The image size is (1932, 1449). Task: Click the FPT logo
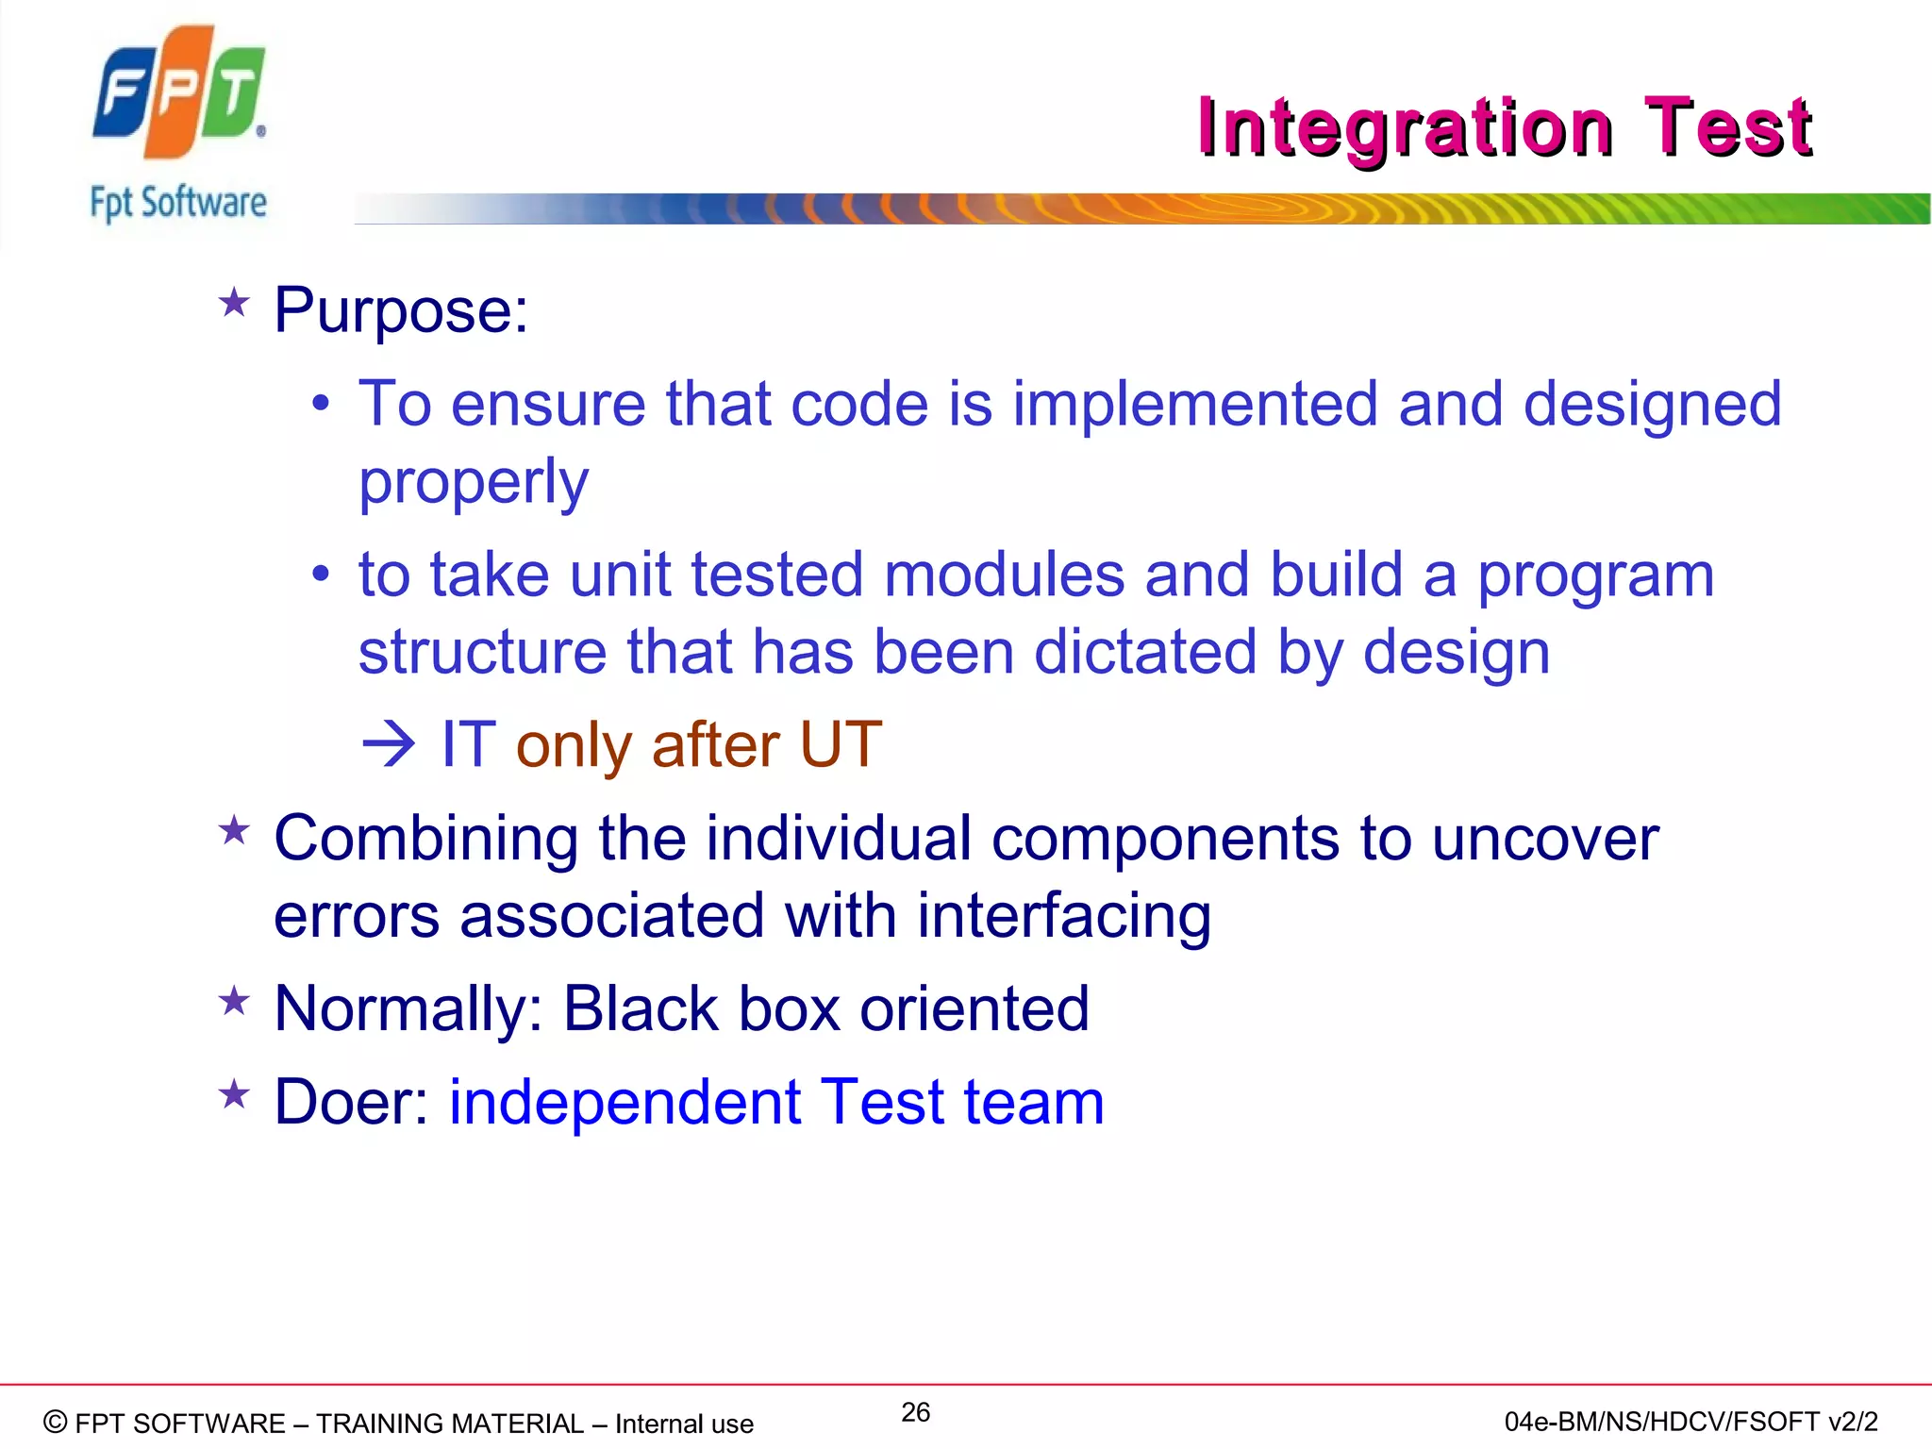(178, 92)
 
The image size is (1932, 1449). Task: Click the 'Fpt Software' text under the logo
(178, 203)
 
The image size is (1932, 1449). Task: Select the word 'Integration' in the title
(1405, 127)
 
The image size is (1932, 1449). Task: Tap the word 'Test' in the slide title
(1727, 127)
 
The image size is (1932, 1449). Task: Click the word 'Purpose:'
(401, 310)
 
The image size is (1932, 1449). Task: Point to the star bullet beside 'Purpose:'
(234, 304)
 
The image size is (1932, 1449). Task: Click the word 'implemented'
(1194, 404)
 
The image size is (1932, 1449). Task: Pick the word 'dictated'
(1145, 652)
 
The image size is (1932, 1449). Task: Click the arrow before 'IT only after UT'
(388, 745)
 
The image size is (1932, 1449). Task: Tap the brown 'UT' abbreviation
(840, 745)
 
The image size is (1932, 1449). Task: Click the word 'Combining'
(425, 839)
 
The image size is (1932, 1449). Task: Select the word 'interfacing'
(1063, 917)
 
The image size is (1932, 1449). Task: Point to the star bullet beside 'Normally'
(234, 1002)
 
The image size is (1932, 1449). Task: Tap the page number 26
(915, 1412)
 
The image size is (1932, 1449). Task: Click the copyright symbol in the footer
(56, 1422)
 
